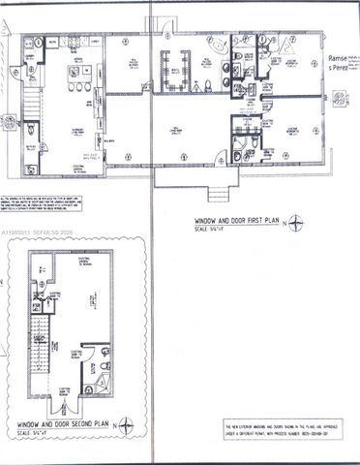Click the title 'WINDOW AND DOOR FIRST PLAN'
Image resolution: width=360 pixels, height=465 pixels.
tap(235, 221)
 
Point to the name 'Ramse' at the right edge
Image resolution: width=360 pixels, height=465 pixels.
tap(343, 57)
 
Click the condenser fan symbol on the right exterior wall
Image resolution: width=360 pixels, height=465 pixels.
tap(340, 98)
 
